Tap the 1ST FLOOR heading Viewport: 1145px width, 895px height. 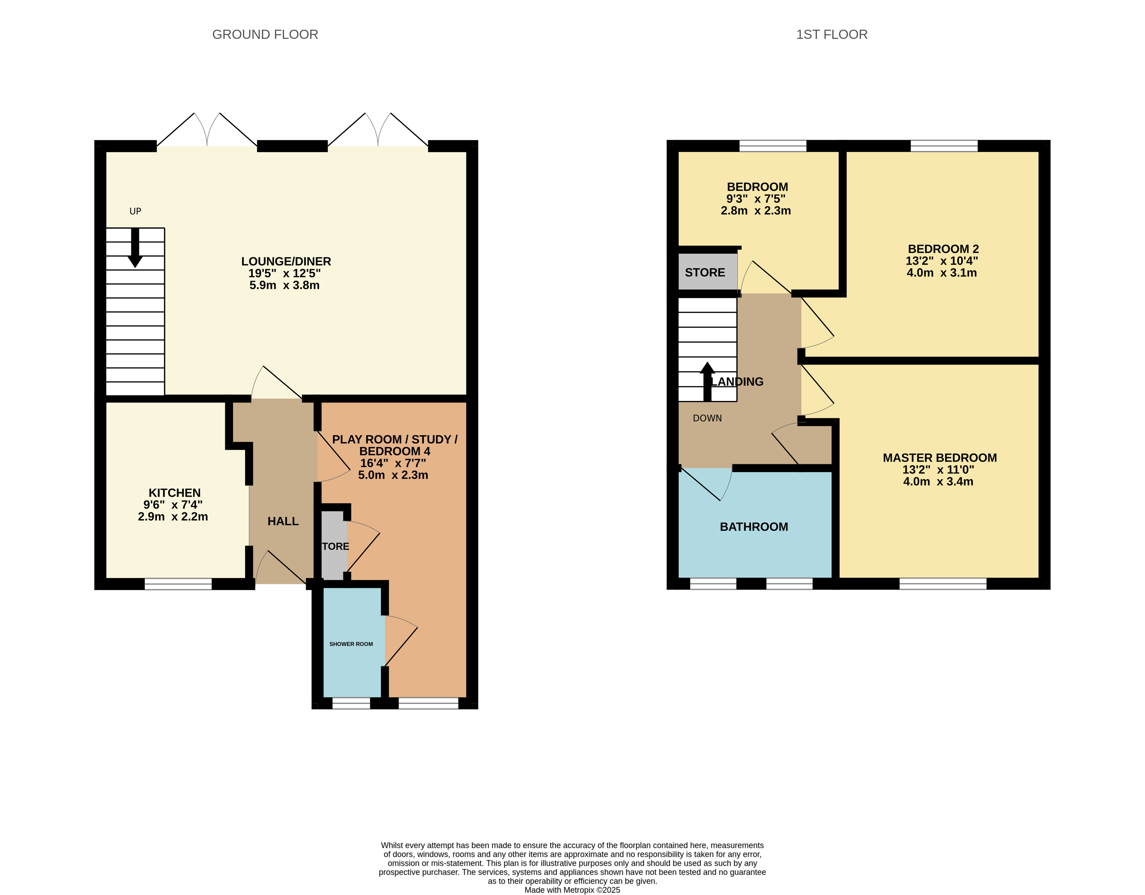pos(832,35)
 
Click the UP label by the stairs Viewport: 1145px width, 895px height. pos(135,211)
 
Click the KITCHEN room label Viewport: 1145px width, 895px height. pos(175,493)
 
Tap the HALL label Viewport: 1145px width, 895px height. pos(283,521)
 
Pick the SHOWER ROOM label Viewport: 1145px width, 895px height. pos(351,644)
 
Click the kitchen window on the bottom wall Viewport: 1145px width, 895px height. pos(178,584)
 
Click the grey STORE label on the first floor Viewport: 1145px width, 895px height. pos(705,273)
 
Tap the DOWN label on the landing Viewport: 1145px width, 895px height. pos(707,418)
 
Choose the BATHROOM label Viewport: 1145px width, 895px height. pos(754,527)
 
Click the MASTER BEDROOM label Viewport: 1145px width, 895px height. pos(940,458)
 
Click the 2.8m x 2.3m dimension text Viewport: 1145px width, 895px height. pos(756,211)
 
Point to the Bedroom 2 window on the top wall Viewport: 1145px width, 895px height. pos(944,146)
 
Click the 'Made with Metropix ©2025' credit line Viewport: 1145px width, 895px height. pos(573,890)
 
